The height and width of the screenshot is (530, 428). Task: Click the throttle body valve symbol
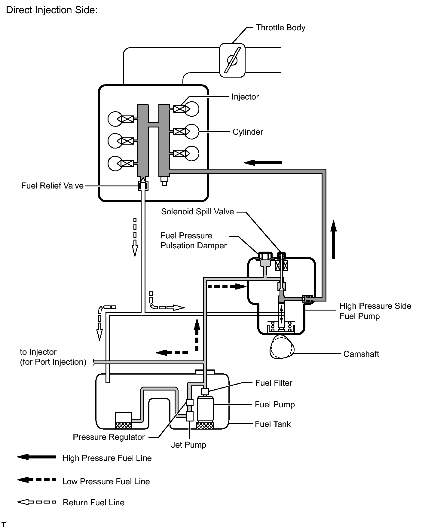click(x=232, y=60)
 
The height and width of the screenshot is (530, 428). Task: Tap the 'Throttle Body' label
click(x=280, y=28)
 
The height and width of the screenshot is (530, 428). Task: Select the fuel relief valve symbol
click(x=143, y=186)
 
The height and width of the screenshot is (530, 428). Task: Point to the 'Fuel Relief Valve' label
click(x=52, y=186)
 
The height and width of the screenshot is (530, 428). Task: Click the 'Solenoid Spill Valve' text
click(x=197, y=212)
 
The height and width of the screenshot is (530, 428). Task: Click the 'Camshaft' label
click(x=361, y=354)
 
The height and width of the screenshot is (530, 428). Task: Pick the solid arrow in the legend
click(x=36, y=457)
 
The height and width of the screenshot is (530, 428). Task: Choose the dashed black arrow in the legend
click(x=36, y=480)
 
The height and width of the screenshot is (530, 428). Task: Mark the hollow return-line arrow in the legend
click(x=36, y=502)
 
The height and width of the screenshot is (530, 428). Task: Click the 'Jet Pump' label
click(x=188, y=445)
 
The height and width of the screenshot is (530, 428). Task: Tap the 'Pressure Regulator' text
click(x=109, y=437)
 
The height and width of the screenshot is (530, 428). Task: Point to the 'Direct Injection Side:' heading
click(x=52, y=10)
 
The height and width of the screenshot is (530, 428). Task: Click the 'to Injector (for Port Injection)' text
click(x=53, y=357)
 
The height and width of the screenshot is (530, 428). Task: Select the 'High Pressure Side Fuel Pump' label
click(x=375, y=311)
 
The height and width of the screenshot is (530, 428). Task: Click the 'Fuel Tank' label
click(x=273, y=424)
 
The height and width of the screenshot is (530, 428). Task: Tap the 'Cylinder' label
click(x=248, y=132)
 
